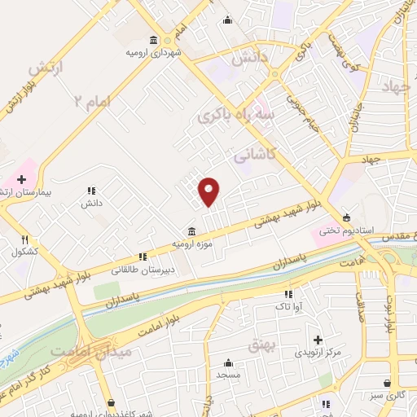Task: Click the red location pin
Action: tap(209, 191)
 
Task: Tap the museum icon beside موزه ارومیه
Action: tap(191, 230)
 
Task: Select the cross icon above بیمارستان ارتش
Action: tap(21, 178)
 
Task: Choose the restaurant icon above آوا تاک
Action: tap(288, 294)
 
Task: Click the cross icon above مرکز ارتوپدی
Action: tap(318, 339)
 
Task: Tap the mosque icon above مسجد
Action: tap(228, 362)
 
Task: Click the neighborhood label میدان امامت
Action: tap(79, 350)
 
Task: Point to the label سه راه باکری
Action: tap(233, 114)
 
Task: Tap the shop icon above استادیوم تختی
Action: tap(348, 217)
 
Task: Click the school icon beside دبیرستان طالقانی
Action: tap(143, 257)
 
